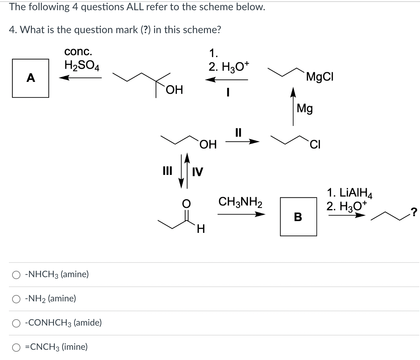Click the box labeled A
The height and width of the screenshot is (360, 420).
(x=31, y=78)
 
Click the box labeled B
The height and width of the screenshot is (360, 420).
(x=298, y=217)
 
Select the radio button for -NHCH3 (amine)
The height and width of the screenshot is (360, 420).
(x=16, y=275)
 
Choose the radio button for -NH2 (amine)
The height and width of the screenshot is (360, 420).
(x=16, y=299)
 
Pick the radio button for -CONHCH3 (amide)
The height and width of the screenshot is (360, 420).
(x=16, y=323)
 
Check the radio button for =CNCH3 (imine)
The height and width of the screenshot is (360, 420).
(x=16, y=347)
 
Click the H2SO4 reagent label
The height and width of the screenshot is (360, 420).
(x=82, y=66)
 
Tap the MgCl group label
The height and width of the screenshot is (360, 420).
(x=320, y=77)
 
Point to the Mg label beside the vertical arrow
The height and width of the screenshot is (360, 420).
(x=305, y=108)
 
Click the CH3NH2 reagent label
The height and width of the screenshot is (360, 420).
(x=240, y=202)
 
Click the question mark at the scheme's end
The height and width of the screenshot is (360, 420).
(x=414, y=211)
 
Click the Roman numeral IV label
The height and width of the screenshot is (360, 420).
(x=197, y=172)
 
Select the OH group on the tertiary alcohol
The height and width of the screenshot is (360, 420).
(x=175, y=90)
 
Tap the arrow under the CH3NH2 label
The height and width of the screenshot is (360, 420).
(x=241, y=215)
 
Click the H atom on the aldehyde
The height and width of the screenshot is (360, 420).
(x=201, y=228)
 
